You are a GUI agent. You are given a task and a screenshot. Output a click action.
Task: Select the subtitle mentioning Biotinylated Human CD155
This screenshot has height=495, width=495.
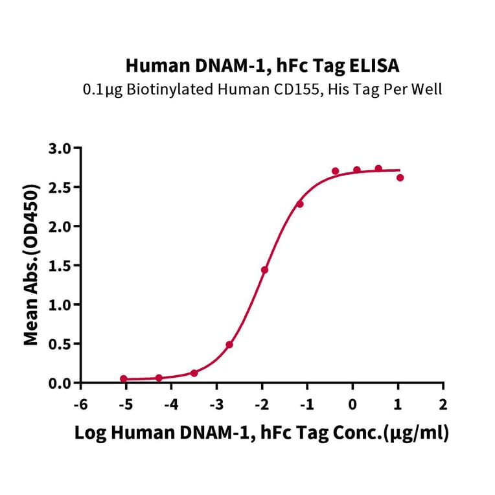click(x=262, y=89)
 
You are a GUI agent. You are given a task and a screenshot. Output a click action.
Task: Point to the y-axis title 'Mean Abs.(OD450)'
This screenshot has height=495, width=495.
click(x=30, y=265)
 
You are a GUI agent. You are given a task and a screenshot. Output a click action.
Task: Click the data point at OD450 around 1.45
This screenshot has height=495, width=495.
click(x=264, y=270)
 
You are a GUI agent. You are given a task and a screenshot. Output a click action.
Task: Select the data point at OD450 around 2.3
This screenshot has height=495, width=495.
click(x=300, y=204)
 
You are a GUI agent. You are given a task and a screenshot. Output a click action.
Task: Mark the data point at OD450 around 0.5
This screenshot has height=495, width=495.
click(x=229, y=345)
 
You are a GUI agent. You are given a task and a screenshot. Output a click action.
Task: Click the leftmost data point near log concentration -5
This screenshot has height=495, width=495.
click(x=124, y=378)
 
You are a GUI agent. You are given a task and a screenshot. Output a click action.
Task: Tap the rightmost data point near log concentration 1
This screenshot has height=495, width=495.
click(x=400, y=178)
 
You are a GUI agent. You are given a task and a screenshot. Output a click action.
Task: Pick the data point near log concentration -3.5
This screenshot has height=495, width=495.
click(x=194, y=373)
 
